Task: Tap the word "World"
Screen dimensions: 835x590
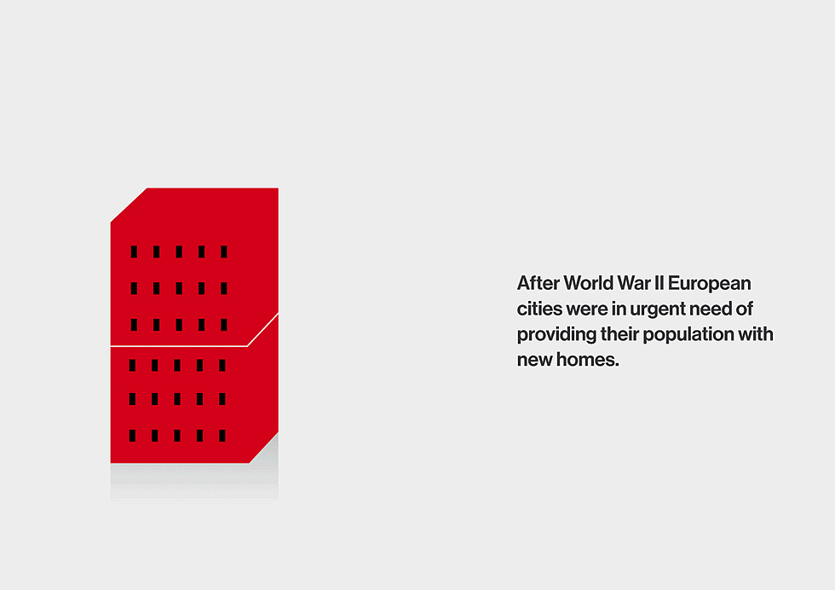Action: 589,283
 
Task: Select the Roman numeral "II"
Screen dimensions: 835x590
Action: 659,283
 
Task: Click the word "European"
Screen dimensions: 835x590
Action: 709,284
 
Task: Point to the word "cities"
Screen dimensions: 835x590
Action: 539,309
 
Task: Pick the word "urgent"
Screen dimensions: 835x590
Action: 658,309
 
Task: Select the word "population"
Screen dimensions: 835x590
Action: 688,335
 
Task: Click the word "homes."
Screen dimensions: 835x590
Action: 587,360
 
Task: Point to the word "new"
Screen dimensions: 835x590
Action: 535,361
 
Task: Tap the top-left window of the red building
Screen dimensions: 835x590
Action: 134,252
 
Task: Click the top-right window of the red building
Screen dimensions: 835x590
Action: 224,252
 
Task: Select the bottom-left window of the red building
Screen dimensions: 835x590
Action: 132,436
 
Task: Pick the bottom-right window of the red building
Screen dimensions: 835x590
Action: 222,436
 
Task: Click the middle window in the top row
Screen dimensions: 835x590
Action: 179,252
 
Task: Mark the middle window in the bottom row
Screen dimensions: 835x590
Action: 177,436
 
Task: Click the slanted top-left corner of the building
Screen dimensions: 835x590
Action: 129,205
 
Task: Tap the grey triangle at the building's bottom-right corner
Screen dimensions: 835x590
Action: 268,453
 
